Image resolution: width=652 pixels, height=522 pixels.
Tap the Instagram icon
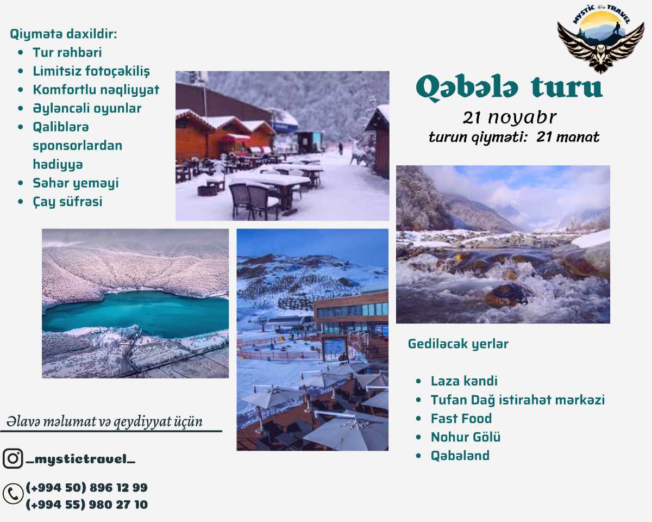pos(12,458)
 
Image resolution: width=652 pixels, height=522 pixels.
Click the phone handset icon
pos(12,494)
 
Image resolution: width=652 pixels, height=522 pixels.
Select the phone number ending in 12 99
pos(86,487)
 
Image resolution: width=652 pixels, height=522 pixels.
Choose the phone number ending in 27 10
pos(86,505)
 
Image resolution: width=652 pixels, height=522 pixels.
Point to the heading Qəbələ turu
pos(509,88)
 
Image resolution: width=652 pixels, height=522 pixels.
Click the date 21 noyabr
pos(510,117)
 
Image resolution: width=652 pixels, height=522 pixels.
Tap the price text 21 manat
pos(568,137)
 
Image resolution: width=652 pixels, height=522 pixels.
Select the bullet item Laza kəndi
pos(464,381)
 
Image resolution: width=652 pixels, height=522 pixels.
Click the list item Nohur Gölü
pos(466,437)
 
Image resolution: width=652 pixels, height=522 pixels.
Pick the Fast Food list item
pos(461,419)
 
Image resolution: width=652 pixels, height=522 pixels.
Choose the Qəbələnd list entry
pos(460,456)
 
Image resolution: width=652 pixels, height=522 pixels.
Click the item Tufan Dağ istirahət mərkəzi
pos(517,400)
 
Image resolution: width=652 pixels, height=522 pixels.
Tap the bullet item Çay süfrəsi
pos(67,202)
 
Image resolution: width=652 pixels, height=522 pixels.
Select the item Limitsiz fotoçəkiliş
pos(91,71)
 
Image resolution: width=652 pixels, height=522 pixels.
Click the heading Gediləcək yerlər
pos(458,344)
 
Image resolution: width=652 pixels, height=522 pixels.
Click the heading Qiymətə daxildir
pos(64,34)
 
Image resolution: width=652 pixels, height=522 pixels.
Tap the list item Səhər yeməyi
pos(76,183)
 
